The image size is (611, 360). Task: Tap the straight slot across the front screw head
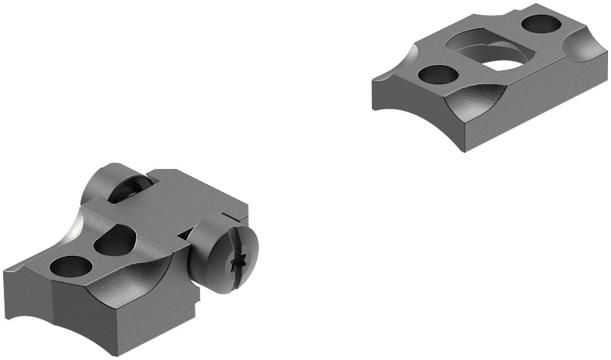(x=243, y=245)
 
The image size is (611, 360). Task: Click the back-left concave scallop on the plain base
(x=401, y=60)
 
